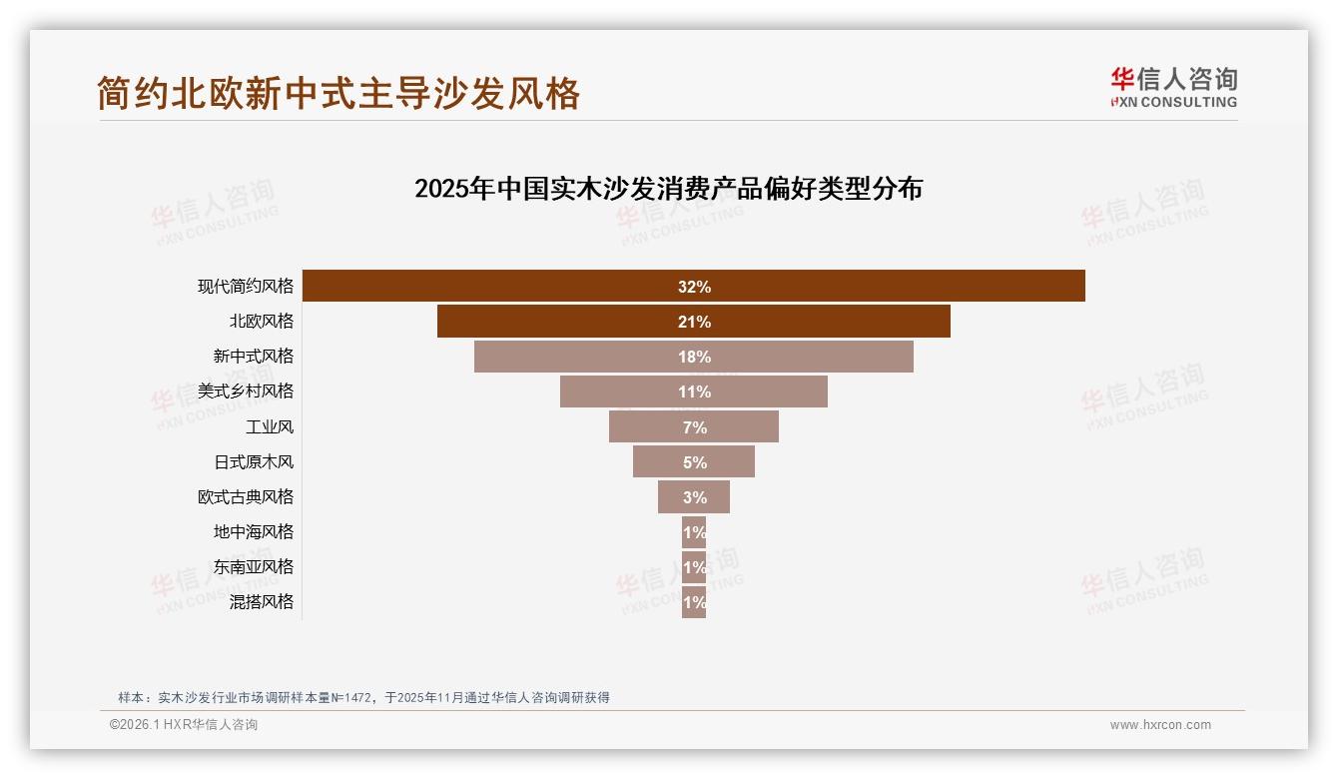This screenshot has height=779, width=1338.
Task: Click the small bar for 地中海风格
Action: pyautogui.click(x=694, y=532)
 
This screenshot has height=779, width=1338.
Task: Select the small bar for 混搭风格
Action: pyautogui.click(x=694, y=602)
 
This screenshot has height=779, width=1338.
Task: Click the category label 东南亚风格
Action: pyautogui.click(x=254, y=566)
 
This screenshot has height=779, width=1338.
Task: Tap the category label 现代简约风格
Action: pyautogui.click(x=246, y=286)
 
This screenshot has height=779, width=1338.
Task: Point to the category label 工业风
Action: pyautogui.click(x=270, y=426)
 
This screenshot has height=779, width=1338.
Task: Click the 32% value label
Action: pyautogui.click(x=694, y=287)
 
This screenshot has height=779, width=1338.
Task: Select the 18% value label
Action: pyautogui.click(x=694, y=357)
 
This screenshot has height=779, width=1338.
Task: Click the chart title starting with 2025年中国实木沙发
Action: pyautogui.click(x=668, y=188)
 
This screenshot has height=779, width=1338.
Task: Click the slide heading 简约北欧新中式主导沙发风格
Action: pyautogui.click(x=338, y=94)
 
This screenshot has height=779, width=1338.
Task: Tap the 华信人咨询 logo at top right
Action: pyautogui.click(x=1173, y=88)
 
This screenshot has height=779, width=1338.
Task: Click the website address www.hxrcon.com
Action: pyautogui.click(x=1160, y=725)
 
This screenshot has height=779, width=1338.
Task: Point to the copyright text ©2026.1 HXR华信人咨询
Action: pyautogui.click(x=184, y=725)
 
